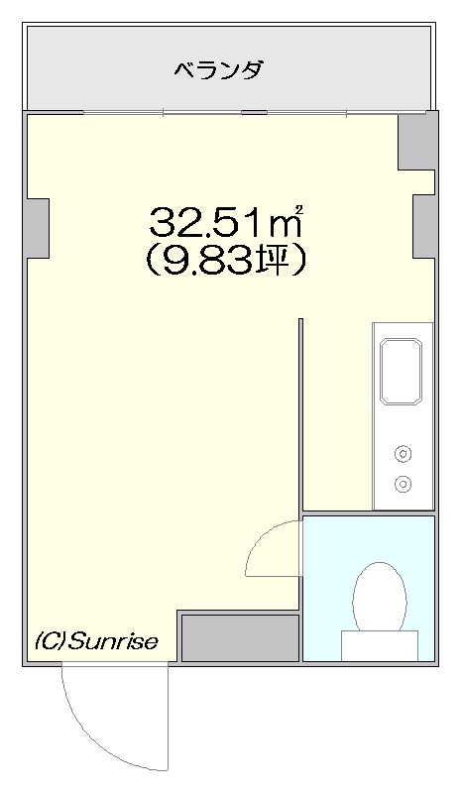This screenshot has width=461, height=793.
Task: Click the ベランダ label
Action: (x=218, y=69)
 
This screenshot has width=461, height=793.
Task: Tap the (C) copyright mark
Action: (x=51, y=641)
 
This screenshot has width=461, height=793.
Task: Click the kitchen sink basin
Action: (x=402, y=371)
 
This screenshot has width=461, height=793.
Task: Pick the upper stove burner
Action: (x=403, y=454)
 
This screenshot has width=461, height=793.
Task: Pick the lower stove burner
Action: (x=403, y=485)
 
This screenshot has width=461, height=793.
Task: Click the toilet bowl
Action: (x=380, y=595)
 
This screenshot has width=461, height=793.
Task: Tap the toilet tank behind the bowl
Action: (x=380, y=645)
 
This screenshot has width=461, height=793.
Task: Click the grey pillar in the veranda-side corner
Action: (x=416, y=141)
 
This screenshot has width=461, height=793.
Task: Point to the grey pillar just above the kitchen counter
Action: (x=423, y=226)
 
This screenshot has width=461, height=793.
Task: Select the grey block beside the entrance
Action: (x=239, y=636)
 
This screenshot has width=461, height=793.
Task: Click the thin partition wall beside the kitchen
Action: (x=299, y=416)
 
